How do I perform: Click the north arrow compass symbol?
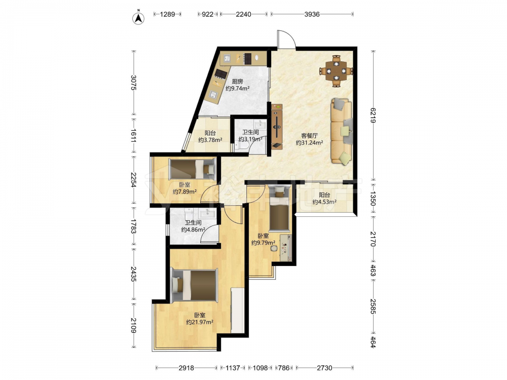tap(139, 18)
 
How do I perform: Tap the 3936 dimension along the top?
tap(312, 14)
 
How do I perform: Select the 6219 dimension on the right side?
tap(373, 116)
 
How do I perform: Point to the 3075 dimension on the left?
tap(133, 83)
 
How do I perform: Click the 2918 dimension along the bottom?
tap(186, 368)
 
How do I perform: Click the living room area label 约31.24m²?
tap(309, 142)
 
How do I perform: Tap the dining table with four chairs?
tap(336, 71)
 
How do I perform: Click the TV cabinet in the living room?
tap(277, 127)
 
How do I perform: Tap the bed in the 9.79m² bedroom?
tap(278, 209)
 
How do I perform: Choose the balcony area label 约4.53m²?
tap(324, 202)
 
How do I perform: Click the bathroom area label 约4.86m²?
tap(193, 230)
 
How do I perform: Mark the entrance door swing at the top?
tap(286, 40)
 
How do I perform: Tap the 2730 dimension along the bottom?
tap(324, 368)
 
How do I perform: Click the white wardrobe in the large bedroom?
tap(238, 310)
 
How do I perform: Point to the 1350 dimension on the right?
tap(373, 199)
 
